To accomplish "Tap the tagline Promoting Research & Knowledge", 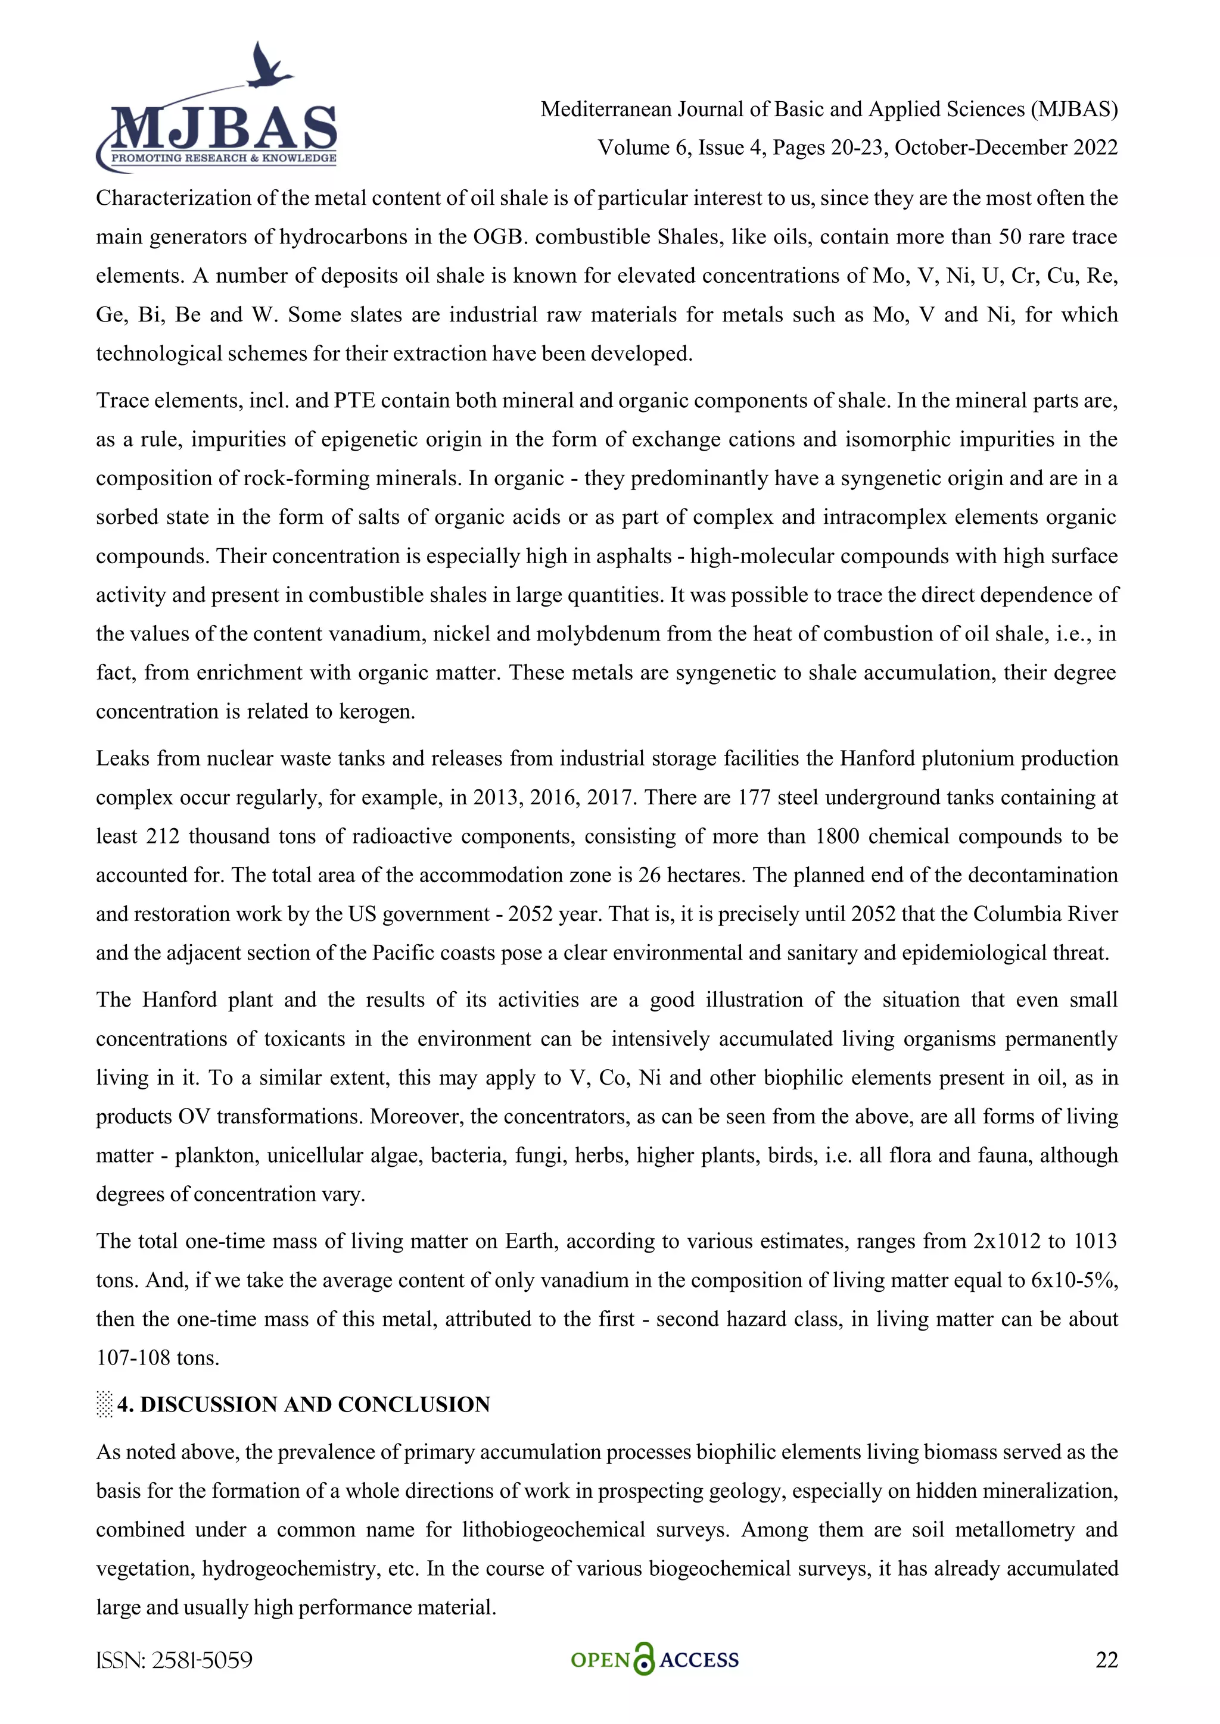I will point(223,158).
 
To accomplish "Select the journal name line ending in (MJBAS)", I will point(829,110).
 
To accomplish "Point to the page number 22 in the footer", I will point(1106,1660).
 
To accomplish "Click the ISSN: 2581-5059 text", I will point(175,1660).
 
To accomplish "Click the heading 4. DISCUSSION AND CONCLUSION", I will point(303,1405).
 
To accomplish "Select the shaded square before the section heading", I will point(104,1405).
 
